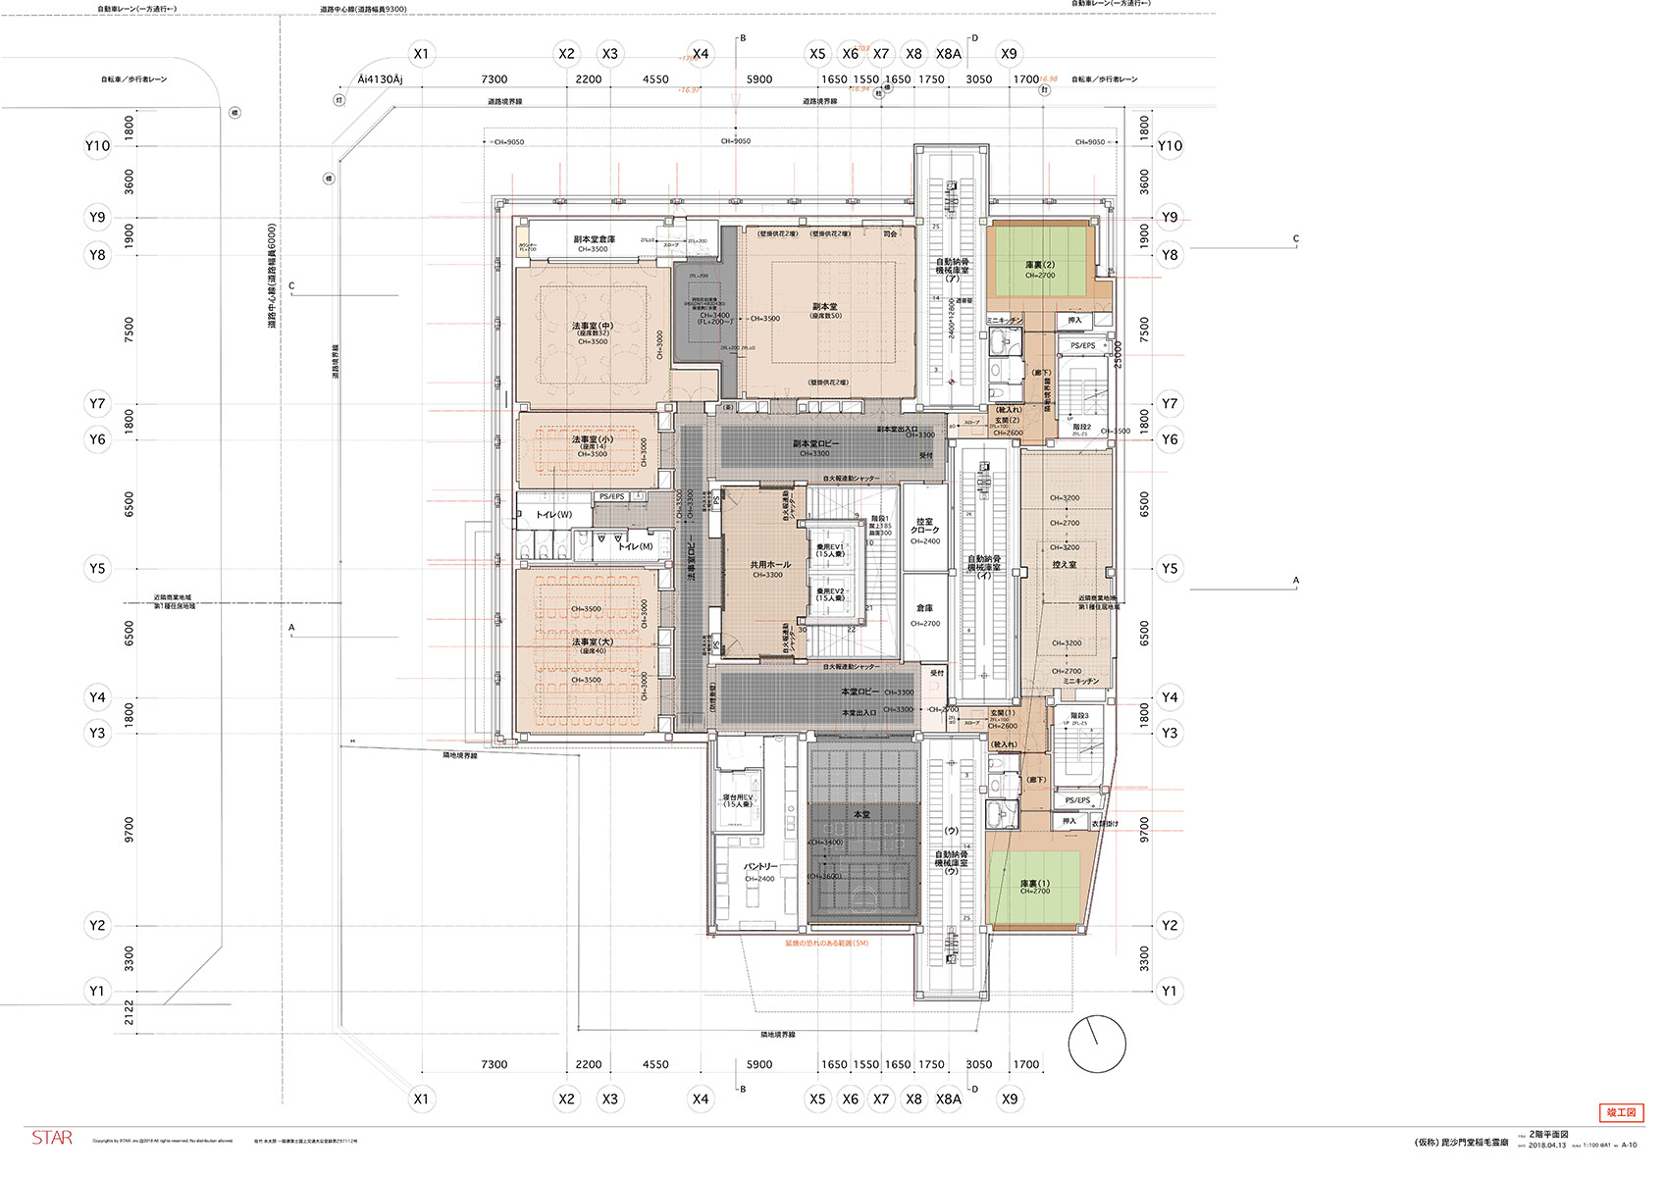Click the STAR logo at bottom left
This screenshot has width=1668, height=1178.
(x=52, y=1138)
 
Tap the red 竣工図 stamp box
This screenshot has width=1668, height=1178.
(x=1621, y=1112)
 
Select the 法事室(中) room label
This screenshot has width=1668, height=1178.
(x=592, y=326)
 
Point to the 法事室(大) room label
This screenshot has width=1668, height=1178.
(x=592, y=642)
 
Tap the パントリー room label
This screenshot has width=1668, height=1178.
(x=759, y=867)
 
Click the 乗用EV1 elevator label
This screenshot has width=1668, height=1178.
(x=830, y=550)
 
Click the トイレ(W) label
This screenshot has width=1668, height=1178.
(x=553, y=514)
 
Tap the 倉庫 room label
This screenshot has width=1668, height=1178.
(x=924, y=608)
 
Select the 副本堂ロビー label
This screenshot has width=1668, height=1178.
(x=816, y=444)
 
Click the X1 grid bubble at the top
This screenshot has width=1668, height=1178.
(x=421, y=54)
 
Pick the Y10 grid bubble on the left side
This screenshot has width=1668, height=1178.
(x=97, y=146)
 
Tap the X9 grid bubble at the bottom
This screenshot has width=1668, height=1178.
(x=1010, y=1099)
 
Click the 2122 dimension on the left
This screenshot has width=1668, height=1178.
(x=129, y=1013)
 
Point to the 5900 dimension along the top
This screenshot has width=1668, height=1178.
(x=758, y=79)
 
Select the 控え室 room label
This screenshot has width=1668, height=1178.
(x=1065, y=565)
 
